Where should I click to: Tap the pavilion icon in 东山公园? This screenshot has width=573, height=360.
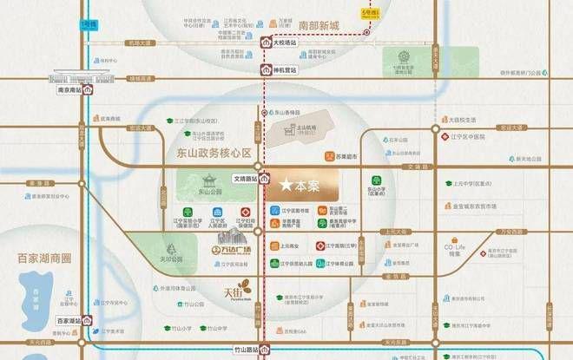[x=208, y=181]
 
